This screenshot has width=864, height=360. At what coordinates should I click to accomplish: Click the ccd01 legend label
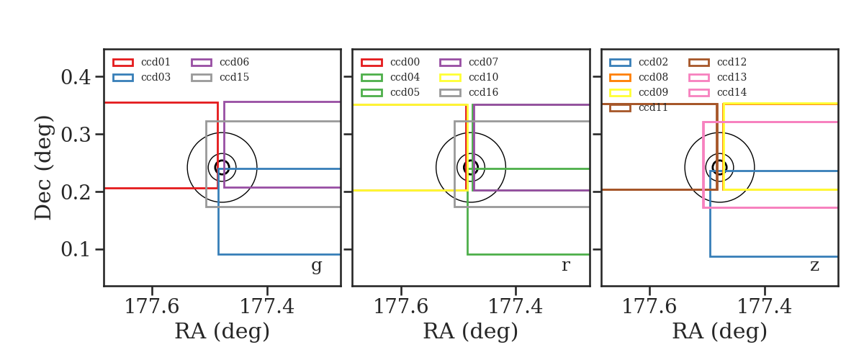[x=156, y=62]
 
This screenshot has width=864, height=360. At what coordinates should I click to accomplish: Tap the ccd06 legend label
[x=234, y=62]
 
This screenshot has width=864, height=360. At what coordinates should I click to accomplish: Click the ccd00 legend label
[x=405, y=62]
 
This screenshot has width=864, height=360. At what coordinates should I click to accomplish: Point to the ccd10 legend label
[x=483, y=77]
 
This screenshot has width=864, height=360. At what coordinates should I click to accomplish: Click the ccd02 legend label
[x=653, y=62]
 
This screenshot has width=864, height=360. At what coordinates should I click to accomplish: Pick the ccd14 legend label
[x=732, y=92]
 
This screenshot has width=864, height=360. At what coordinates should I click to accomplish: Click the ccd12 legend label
[x=732, y=62]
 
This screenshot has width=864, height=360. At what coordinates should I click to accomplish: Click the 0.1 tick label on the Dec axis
[x=76, y=250]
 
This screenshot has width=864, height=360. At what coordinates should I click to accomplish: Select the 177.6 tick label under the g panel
[x=152, y=307]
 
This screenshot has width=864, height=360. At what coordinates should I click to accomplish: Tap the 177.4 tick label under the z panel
[x=765, y=307]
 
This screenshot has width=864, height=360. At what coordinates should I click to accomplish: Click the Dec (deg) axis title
[x=42, y=168]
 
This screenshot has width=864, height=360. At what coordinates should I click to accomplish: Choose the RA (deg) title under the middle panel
[x=471, y=332]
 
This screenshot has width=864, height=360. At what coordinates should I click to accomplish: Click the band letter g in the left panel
[x=316, y=266]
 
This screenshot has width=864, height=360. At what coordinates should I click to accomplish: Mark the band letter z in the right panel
[x=814, y=266]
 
